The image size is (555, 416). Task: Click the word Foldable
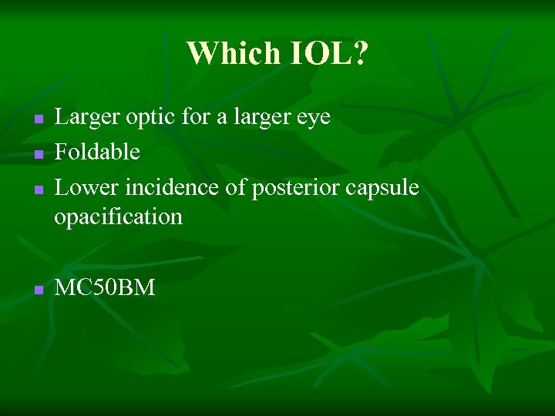pos(97,152)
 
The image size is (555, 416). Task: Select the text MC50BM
pos(105,288)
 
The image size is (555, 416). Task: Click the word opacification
pos(118,217)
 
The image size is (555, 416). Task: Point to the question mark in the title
pos(362,53)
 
